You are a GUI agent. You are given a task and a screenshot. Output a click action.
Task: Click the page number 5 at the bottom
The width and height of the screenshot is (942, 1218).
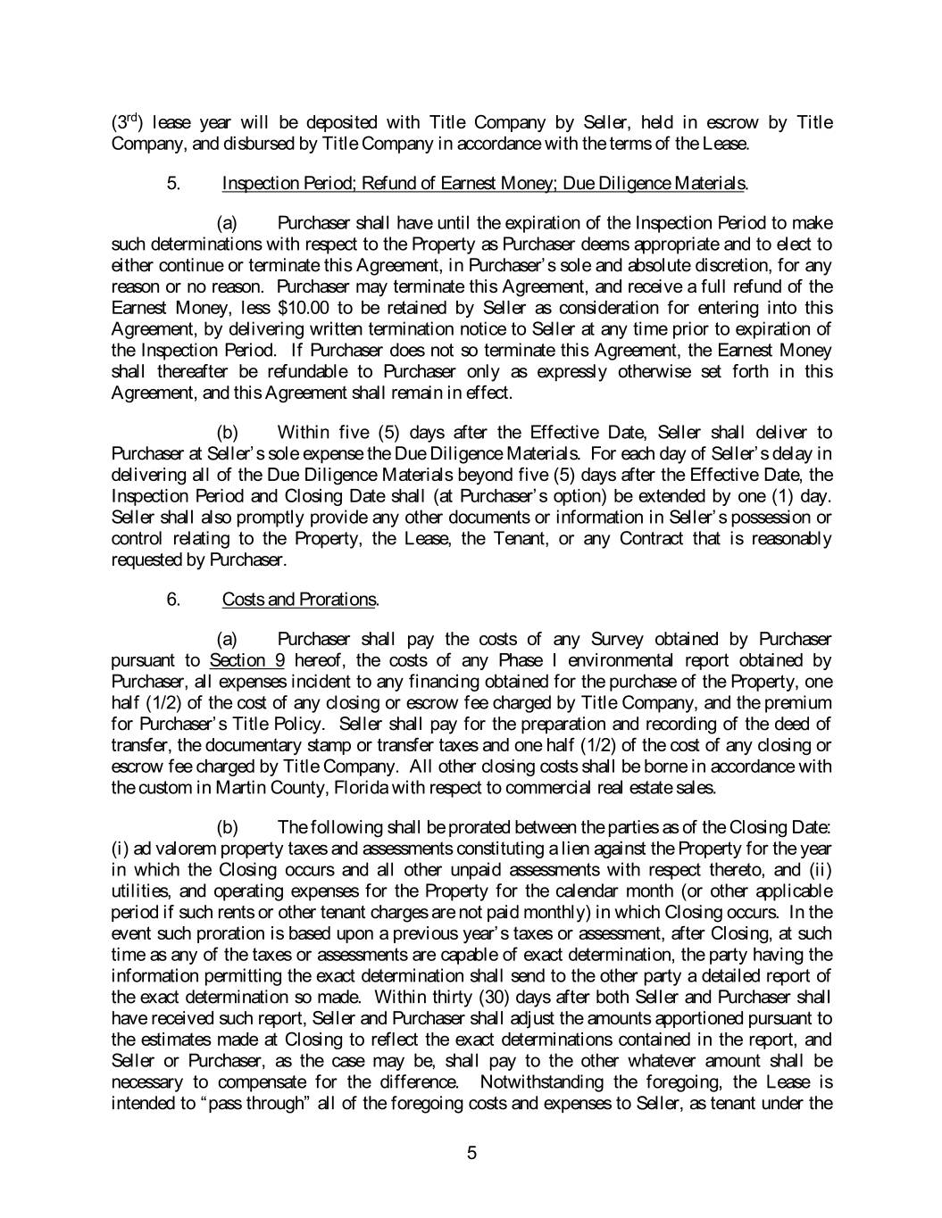coord(471,1153)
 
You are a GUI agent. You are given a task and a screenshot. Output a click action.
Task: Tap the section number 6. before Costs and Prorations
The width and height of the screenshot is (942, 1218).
coord(173,599)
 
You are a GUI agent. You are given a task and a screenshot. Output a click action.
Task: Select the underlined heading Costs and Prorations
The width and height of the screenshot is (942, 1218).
coord(299,599)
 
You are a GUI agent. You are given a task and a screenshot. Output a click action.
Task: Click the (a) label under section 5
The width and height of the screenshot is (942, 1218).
coord(228,223)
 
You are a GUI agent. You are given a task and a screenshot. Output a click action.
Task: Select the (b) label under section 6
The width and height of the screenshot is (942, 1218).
coord(228,826)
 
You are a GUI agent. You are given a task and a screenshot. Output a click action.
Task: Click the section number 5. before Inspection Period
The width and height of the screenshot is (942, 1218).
coord(173,184)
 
